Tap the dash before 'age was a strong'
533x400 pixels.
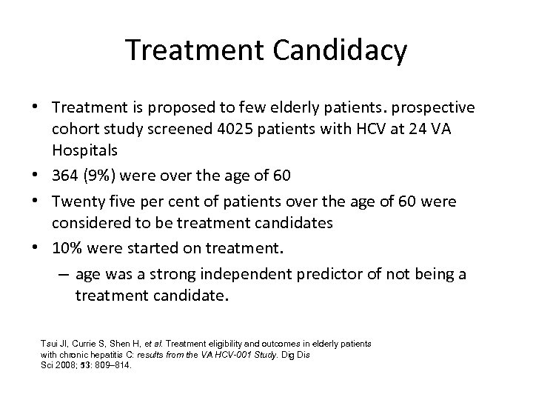62,274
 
